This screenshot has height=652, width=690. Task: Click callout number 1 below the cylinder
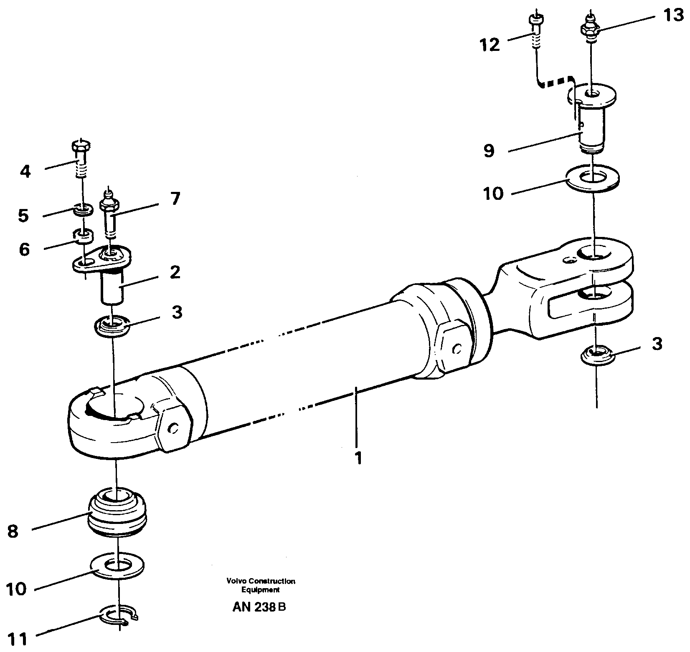(358, 458)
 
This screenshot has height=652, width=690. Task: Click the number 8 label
(13, 532)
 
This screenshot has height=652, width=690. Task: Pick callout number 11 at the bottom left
(18, 639)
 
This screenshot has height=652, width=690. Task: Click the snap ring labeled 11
(120, 614)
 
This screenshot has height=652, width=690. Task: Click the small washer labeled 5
(83, 209)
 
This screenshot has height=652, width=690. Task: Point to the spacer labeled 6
(83, 236)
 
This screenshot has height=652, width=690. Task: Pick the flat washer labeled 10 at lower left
(117, 566)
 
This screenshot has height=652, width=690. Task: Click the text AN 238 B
(259, 607)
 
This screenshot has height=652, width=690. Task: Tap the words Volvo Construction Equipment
(261, 585)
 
